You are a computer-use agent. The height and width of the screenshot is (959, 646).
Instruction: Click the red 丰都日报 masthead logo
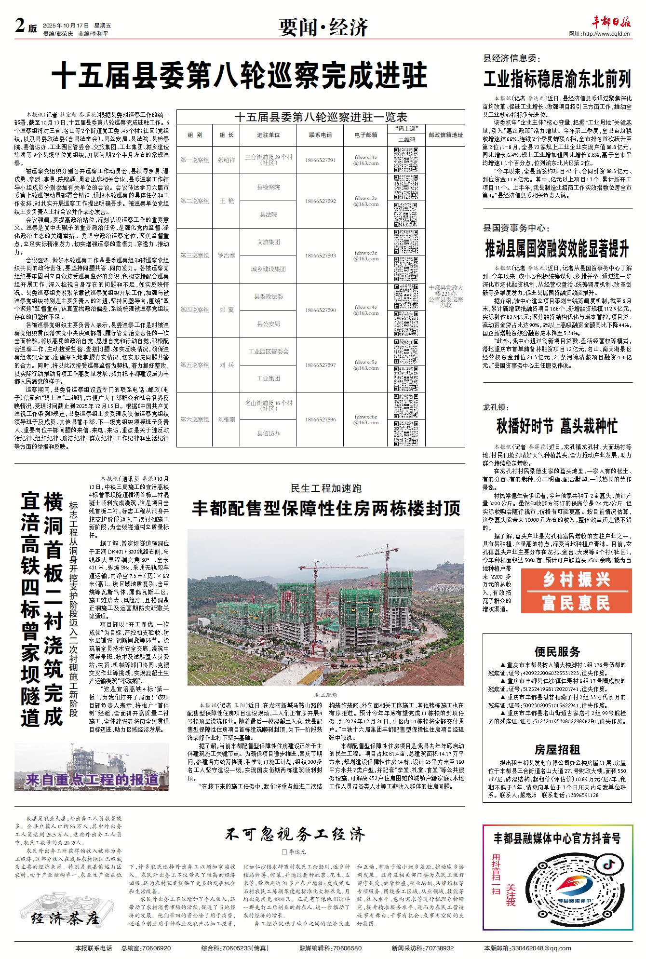pos(611,22)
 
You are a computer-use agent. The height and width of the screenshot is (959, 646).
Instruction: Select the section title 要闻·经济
pos(323,27)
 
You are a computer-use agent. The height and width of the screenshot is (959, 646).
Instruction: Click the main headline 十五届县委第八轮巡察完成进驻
pos(240,75)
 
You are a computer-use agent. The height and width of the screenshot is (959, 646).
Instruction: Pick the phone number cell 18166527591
pos(320,160)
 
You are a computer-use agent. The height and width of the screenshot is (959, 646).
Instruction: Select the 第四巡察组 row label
pos(195,310)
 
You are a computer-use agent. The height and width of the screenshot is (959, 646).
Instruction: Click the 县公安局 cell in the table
pos(268,324)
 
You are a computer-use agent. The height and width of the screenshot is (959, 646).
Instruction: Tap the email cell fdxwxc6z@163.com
pos(365,419)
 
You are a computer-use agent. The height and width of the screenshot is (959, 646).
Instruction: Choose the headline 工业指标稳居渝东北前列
pos(557,79)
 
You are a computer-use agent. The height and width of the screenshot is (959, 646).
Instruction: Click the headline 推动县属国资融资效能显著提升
pos(557,249)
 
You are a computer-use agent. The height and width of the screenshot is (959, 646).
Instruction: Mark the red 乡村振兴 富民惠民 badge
pos(576,591)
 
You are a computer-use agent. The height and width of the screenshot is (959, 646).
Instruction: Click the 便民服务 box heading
pos(557,652)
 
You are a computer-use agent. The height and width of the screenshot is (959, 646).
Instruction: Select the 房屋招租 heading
pos(557,749)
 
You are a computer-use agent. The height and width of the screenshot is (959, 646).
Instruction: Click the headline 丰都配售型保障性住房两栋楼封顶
pos(326,509)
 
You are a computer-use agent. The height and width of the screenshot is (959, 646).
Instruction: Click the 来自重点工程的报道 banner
pos(92,779)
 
